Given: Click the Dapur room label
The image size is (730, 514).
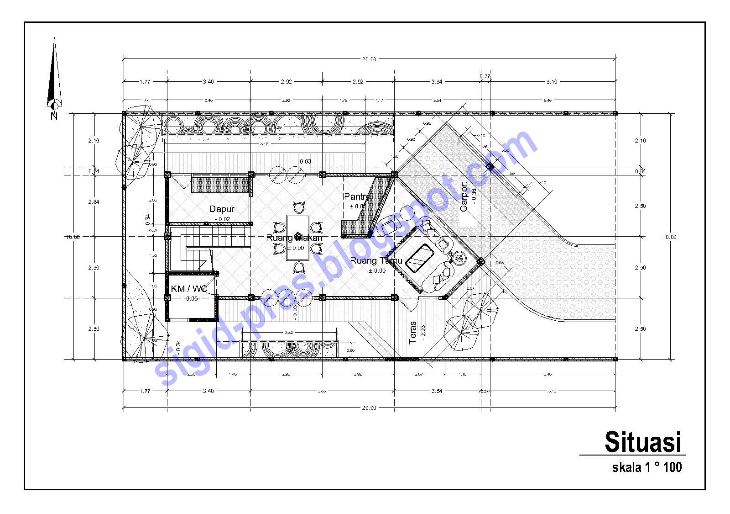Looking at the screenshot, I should click(222, 209).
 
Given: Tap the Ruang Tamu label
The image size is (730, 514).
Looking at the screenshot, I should click(376, 261).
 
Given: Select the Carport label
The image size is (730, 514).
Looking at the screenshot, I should click(464, 197).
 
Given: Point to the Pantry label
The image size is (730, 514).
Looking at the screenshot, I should click(356, 196).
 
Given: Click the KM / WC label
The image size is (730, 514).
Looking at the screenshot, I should click(188, 289).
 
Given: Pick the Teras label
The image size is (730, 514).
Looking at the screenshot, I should click(413, 333).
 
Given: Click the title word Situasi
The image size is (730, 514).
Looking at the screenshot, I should click(642, 442).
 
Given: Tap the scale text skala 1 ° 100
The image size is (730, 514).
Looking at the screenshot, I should click(647, 467).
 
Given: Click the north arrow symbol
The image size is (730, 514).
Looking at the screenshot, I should click(54, 78).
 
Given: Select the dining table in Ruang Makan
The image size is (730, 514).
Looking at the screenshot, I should click(297, 238).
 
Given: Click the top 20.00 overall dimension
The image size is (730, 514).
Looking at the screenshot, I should click(369, 59).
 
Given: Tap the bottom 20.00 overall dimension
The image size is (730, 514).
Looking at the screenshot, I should click(369, 408).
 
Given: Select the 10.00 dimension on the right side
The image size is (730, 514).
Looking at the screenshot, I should click(669, 237).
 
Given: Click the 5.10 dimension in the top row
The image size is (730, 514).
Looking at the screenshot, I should click(552, 82).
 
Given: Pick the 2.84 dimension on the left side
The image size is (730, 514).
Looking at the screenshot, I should click(94, 202).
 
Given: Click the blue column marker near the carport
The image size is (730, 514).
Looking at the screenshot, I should click(490, 167).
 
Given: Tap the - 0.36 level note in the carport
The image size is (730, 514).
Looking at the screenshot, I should click(474, 196).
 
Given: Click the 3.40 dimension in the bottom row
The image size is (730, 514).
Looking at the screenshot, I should click(208, 391).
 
